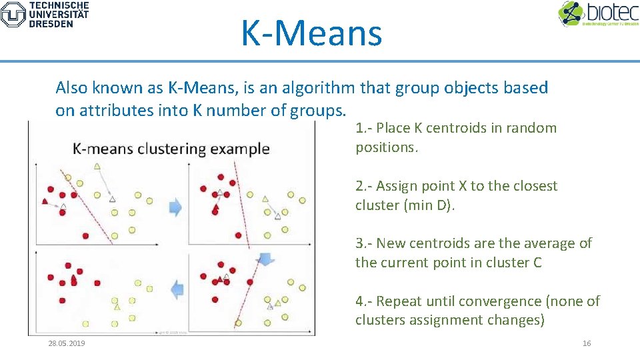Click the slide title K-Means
point(311,33)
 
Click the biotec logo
point(597,14)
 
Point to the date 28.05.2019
point(67,343)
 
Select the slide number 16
point(587,343)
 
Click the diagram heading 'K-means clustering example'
point(171,149)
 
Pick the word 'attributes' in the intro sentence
point(115,111)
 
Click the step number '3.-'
point(365,243)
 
